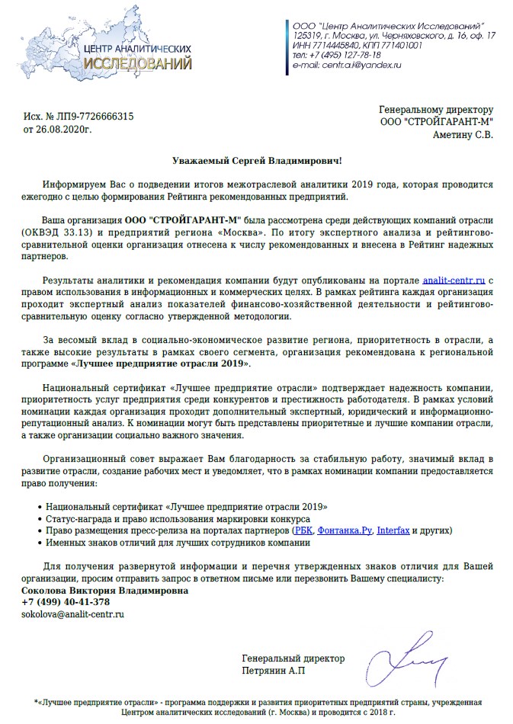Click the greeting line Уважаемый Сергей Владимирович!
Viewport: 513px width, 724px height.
pyautogui.click(x=257, y=160)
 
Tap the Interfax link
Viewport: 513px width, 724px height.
pyautogui.click(x=393, y=530)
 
